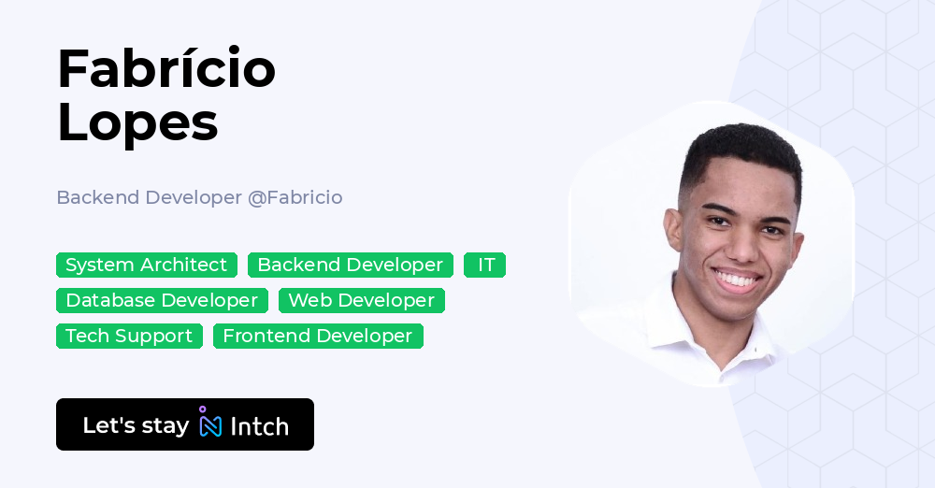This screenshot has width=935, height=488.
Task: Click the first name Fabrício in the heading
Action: (165, 68)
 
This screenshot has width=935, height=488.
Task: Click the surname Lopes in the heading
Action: (137, 122)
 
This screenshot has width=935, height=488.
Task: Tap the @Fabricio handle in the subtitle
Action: (295, 197)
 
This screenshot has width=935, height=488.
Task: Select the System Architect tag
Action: (147, 266)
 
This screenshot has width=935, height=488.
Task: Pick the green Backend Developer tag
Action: (350, 266)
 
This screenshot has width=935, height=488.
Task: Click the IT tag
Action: (485, 266)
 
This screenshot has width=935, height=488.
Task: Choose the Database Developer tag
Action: (162, 301)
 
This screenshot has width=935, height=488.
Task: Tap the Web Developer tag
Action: (361, 301)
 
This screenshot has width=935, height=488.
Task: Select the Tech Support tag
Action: (129, 337)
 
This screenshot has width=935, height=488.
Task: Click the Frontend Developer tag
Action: (318, 337)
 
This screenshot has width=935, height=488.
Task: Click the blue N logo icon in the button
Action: (210, 424)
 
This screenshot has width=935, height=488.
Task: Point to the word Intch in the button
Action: (259, 426)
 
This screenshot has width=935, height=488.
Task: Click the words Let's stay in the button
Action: (136, 425)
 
